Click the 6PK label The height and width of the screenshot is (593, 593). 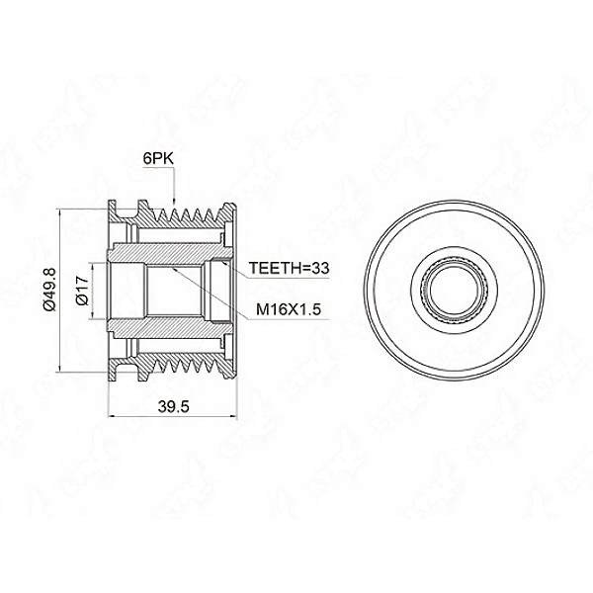158,158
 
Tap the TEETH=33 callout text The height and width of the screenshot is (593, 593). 289,268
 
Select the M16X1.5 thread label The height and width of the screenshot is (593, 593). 289,309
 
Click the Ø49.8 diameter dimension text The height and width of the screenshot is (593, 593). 49,289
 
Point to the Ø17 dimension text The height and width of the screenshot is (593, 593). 82,291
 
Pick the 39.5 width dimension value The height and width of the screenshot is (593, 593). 173,407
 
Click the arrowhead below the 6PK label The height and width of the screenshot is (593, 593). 174,203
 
